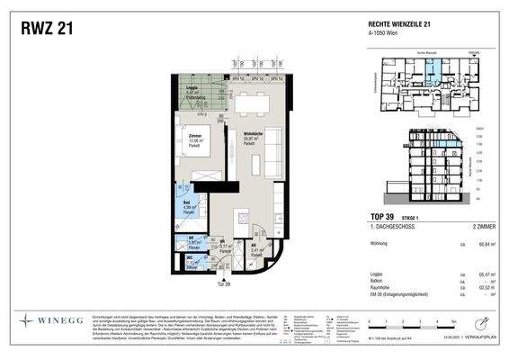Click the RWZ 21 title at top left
tap(46, 29)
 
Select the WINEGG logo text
tap(58, 319)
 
